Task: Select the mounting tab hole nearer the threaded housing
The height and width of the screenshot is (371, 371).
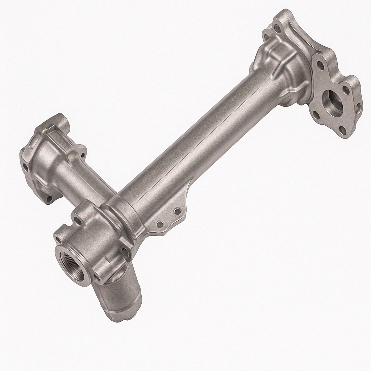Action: (x=159, y=224)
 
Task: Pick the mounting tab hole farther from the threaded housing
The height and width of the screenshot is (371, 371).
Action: (x=177, y=211)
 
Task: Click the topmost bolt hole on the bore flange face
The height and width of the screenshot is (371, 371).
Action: (x=320, y=66)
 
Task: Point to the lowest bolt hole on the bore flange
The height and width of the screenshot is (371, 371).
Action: (x=342, y=130)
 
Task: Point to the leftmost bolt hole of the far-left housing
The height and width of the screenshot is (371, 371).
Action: (x=25, y=167)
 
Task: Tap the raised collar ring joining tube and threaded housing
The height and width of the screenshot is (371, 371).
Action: (x=121, y=217)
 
